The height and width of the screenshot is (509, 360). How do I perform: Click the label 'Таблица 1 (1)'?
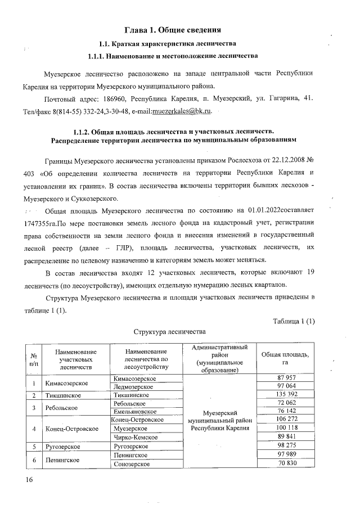click(x=294, y=321)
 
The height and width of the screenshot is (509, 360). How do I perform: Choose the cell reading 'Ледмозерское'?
click(x=134, y=387)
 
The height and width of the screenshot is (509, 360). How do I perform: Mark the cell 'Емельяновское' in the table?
click(x=136, y=412)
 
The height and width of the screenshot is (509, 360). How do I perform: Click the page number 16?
click(x=29, y=479)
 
